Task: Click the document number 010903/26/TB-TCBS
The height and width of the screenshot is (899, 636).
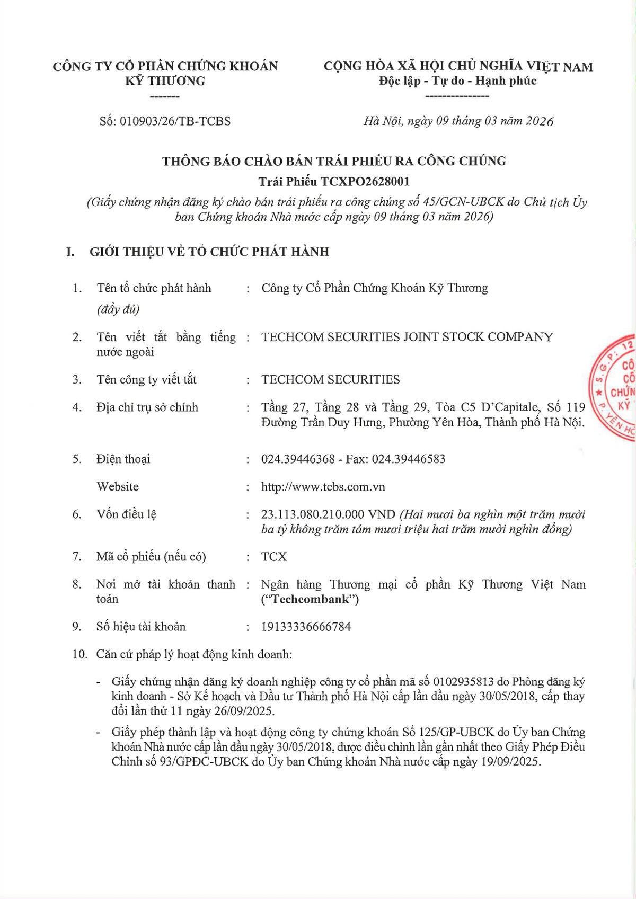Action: tap(175, 121)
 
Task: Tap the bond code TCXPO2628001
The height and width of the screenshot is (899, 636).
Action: tap(365, 182)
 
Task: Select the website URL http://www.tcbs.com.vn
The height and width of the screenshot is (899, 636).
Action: tap(323, 487)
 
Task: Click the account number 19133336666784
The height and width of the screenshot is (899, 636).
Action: tap(306, 627)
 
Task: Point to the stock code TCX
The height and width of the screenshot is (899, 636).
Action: tap(273, 557)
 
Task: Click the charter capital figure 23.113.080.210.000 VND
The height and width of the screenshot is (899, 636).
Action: tap(328, 514)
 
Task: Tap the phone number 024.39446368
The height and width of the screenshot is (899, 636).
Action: tap(298, 459)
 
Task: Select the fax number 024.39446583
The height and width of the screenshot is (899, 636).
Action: tap(409, 459)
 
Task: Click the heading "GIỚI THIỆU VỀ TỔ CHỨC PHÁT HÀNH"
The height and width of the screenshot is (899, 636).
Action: tap(209, 252)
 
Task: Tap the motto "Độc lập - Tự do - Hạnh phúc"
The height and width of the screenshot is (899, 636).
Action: tap(457, 81)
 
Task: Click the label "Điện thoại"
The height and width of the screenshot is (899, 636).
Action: tap(123, 459)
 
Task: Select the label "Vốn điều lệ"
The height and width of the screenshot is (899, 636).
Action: tap(126, 514)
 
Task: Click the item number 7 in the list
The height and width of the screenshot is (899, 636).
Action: tap(77, 557)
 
